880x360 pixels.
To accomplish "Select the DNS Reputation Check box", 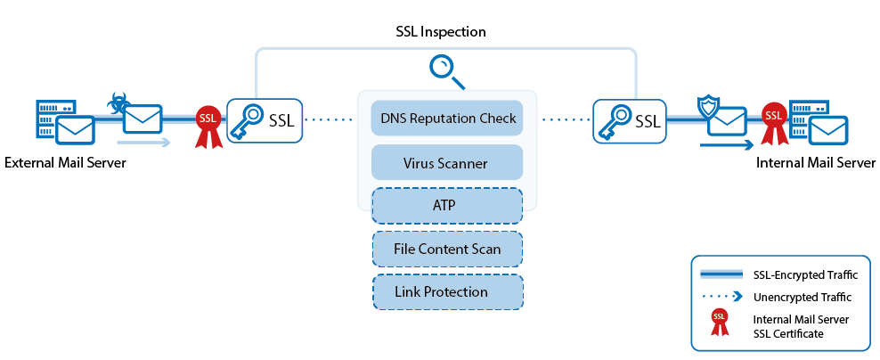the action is (x=447, y=118).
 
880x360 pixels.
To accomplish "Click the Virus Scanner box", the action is (x=447, y=163).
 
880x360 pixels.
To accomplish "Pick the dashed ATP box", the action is (x=447, y=206).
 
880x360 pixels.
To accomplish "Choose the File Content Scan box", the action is (x=447, y=249).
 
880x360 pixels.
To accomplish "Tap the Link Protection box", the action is (x=447, y=292).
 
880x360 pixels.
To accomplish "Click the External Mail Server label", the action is (x=65, y=163).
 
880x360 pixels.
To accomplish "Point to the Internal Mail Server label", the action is (x=816, y=163).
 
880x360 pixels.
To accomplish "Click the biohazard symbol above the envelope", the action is (x=117, y=103).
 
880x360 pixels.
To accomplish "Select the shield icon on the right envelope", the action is (x=706, y=107).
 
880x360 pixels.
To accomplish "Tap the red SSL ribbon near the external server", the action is (x=208, y=127).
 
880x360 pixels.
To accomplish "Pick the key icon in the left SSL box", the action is (x=246, y=119).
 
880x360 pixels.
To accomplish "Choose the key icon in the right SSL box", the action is (x=613, y=119).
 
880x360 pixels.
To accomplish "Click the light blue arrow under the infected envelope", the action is (x=143, y=143).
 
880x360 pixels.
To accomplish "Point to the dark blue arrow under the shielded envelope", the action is (x=726, y=145).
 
